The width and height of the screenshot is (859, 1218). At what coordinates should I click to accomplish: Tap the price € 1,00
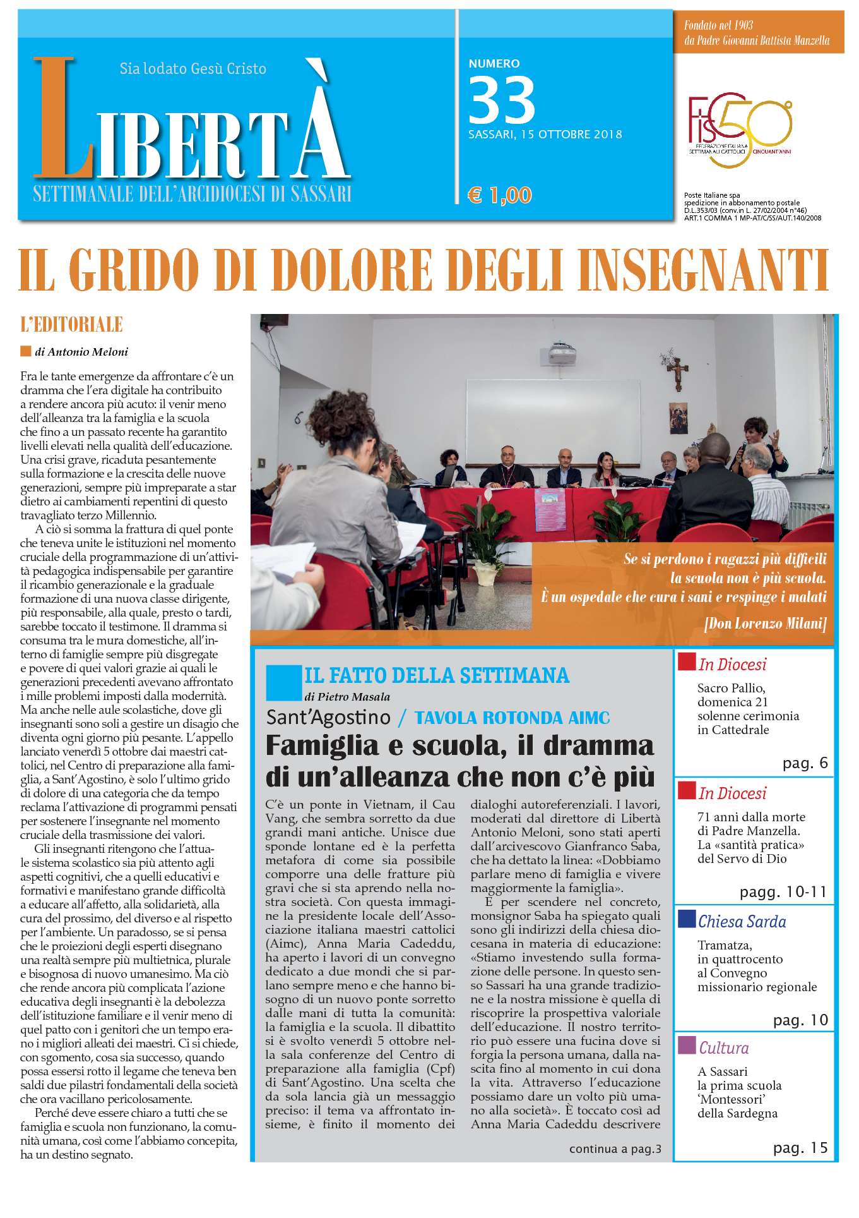pos(500,195)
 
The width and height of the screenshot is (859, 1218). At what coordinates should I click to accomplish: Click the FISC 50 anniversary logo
pos(740,131)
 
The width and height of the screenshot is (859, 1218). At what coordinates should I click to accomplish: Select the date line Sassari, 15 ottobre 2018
pos(545,135)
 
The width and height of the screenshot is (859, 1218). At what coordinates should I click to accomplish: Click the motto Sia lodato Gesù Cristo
pos(193,68)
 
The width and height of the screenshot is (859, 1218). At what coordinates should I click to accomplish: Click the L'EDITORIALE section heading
pos(71,325)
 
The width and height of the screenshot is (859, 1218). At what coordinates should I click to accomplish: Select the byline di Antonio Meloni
pos(81,352)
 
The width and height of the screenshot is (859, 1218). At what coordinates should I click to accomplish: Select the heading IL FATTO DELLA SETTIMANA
pos(437,675)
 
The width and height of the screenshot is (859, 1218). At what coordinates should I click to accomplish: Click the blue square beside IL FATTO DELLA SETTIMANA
pos(280,682)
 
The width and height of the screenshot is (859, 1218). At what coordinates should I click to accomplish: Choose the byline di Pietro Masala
pos(347,697)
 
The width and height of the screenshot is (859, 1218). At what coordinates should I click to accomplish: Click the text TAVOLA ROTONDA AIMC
pos(512,718)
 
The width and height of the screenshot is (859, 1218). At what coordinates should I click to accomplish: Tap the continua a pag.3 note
pos(615,1149)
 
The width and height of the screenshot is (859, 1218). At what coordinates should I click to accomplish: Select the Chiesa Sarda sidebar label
pos(742,921)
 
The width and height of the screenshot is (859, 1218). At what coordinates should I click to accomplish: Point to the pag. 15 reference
pos(800,1148)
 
